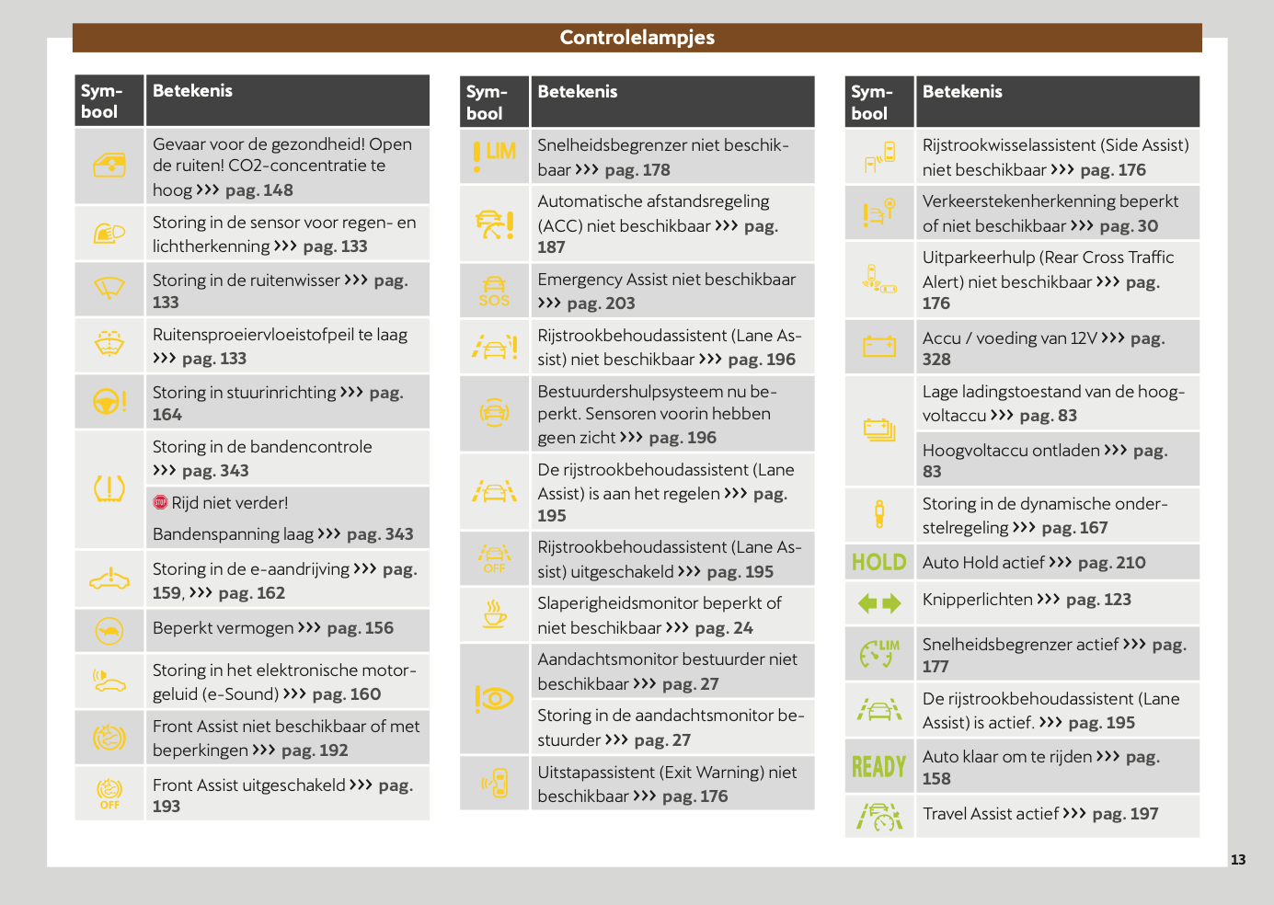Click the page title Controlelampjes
[637, 38]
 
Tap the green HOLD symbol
[878, 562]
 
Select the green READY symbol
[878, 766]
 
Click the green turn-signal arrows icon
[878, 603]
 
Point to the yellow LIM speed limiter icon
[494, 154]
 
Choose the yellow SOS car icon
[494, 291]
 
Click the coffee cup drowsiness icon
[495, 613]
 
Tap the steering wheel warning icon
[109, 401]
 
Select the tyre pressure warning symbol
[109, 488]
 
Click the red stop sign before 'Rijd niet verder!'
[160, 502]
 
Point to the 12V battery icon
[878, 346]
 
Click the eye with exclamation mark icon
[494, 699]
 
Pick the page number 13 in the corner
[1238, 860]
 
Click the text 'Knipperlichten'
[977, 600]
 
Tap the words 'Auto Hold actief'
[983, 563]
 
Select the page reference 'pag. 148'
[259, 190]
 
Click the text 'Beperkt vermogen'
[224, 628]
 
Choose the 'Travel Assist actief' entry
[991, 814]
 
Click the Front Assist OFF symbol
[109, 792]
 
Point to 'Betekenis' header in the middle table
[577, 92]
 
